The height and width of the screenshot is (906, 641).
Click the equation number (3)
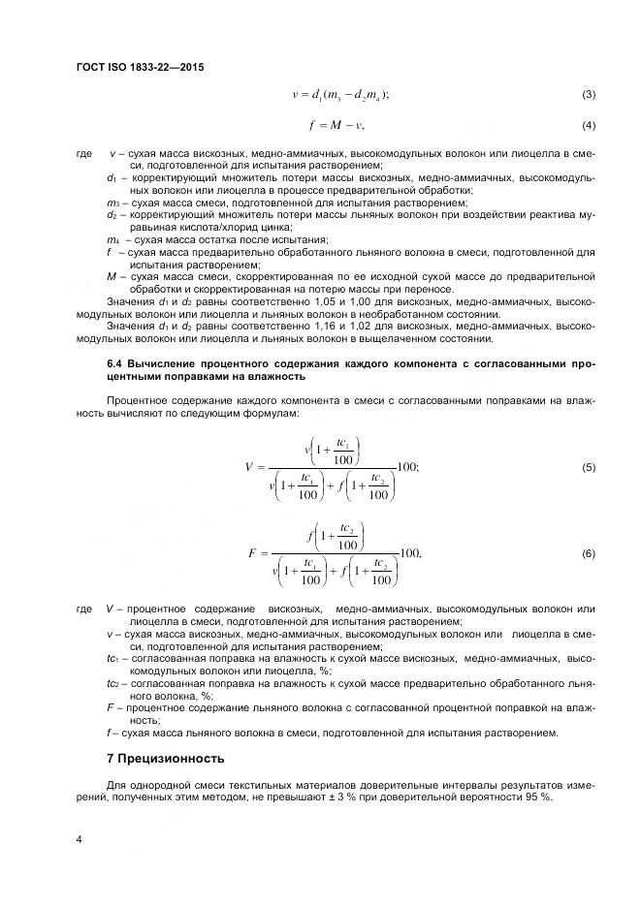(588, 94)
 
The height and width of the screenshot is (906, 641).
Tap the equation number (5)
(588, 468)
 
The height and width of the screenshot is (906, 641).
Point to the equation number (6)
(588, 552)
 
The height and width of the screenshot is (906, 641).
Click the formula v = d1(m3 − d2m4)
(340, 94)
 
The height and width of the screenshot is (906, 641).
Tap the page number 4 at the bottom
(79, 839)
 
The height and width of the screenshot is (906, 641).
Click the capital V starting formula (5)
(249, 468)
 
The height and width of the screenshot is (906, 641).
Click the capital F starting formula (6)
(251, 553)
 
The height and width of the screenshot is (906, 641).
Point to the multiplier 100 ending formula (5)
(407, 467)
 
